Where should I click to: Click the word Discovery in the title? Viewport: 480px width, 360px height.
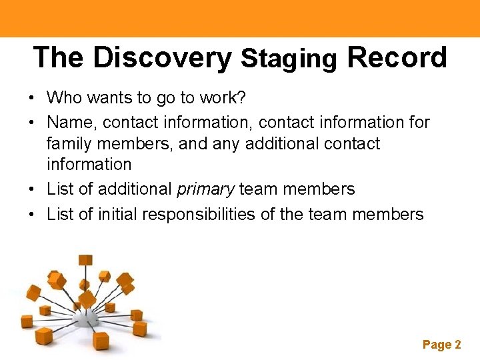coord(162,58)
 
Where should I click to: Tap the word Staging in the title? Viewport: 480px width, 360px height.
coord(289,59)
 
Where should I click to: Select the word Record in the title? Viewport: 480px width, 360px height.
coord(397,58)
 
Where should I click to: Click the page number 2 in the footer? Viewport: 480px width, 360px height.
coord(457,345)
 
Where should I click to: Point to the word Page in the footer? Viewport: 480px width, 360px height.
coord(437,345)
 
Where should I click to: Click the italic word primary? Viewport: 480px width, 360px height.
coord(205,189)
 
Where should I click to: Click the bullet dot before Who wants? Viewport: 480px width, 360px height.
coord(32,99)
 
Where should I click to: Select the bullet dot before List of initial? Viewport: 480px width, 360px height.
coord(32,215)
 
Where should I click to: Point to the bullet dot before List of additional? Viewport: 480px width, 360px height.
coord(32,190)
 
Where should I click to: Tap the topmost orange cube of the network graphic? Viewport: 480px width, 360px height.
coord(85,260)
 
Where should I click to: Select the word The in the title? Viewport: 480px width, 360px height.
coord(59,58)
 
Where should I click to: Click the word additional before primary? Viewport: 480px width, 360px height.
coord(135,189)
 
